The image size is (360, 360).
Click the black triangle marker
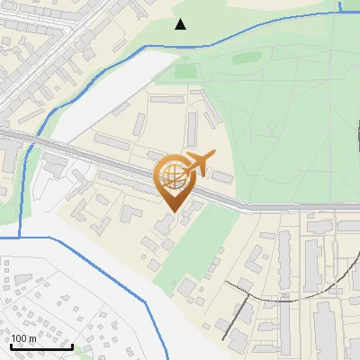point(180,24)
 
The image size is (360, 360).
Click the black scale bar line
point(40,346)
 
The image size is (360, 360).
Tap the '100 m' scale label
point(23,338)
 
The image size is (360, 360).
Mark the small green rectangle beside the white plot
point(184,70)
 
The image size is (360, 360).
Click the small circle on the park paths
point(269,126)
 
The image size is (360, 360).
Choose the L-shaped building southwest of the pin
point(131,214)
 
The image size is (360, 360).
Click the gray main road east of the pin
point(270,207)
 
